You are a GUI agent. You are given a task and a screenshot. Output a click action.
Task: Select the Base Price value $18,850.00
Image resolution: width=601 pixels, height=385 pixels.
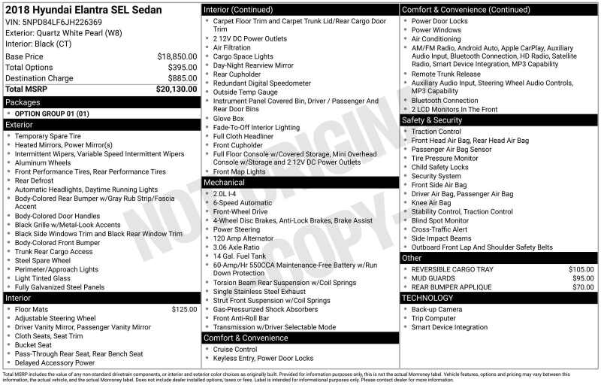pyautogui.click(x=177, y=56)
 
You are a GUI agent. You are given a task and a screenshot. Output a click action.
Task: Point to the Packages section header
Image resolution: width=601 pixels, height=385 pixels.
pyautogui.click(x=23, y=102)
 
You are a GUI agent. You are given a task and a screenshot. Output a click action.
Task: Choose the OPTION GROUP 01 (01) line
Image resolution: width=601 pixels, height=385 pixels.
pyautogui.click(x=52, y=114)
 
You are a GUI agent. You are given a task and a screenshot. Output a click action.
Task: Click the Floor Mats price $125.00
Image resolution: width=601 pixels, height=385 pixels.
pyautogui.click(x=184, y=309)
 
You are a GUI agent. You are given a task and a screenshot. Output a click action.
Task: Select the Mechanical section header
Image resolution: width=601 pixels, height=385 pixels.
pyautogui.click(x=224, y=182)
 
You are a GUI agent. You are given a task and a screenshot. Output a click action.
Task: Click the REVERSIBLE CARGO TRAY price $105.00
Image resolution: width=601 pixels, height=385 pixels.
pyautogui.click(x=581, y=268)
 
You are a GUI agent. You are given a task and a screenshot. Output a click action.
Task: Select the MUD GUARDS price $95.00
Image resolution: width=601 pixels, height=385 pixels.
pyautogui.click(x=583, y=278)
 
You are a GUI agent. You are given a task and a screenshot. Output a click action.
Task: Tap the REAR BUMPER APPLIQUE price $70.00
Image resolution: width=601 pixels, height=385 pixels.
pyautogui.click(x=583, y=287)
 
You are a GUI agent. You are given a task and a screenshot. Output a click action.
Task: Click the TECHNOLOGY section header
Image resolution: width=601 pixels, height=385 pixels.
pyautogui.click(x=427, y=298)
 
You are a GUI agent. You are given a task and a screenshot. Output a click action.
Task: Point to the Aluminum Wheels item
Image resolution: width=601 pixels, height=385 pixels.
pyautogui.click(x=43, y=162)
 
